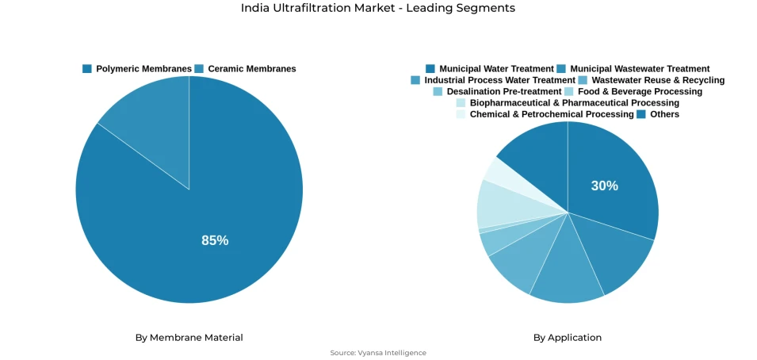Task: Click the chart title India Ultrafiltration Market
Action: click(x=378, y=8)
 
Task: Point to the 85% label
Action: click(x=215, y=240)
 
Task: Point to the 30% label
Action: click(x=604, y=186)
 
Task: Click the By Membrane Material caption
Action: click(x=189, y=338)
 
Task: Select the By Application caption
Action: click(x=567, y=338)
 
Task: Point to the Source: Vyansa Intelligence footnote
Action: click(x=378, y=353)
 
